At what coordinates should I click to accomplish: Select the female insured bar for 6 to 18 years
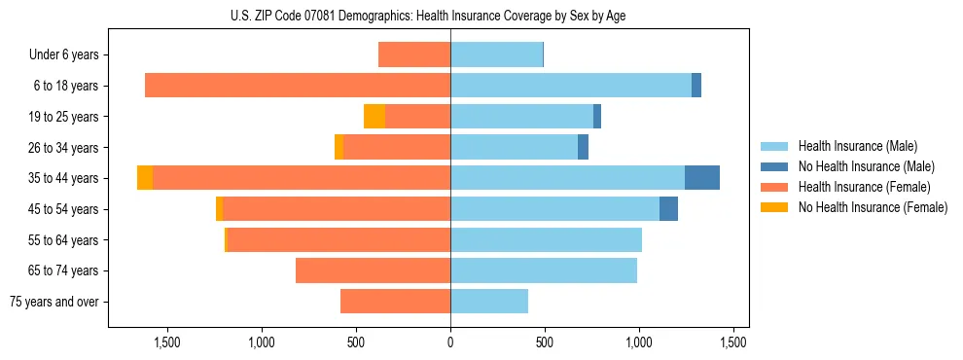pos(298,86)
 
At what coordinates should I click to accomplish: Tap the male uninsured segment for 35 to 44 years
pos(702,178)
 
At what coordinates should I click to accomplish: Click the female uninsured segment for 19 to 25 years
pos(374,117)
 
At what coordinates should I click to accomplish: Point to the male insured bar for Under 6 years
pos(496,54)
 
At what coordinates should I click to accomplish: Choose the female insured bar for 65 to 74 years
pos(373,270)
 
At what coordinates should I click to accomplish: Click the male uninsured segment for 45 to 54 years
pos(668,209)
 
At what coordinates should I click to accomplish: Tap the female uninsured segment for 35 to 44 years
pos(145,178)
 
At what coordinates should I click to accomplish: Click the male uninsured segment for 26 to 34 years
pos(583,147)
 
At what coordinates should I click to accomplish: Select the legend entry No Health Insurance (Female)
pos(873,207)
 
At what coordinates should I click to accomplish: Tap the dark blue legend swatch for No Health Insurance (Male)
pos(774,166)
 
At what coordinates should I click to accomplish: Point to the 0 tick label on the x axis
pos(450,342)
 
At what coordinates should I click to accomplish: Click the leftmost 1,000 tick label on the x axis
pos(262,342)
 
